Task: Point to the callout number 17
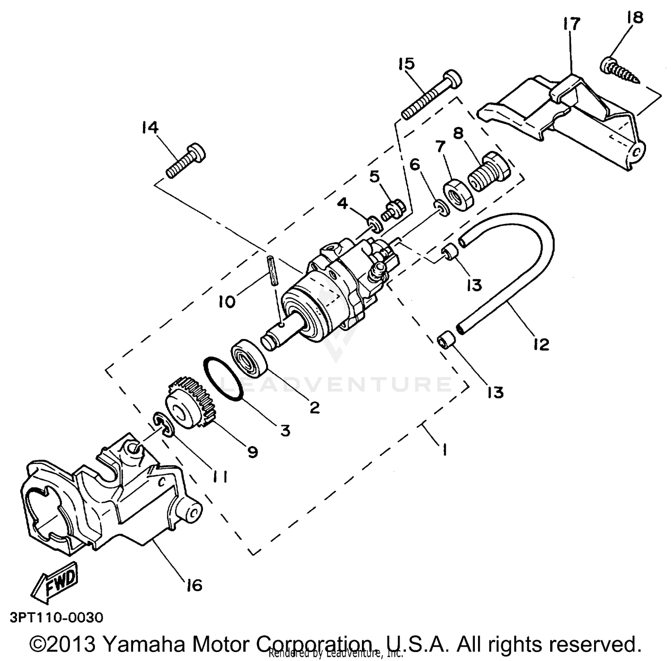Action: coord(570,24)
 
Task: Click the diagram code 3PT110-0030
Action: coord(56,618)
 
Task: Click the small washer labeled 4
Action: coord(374,224)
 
